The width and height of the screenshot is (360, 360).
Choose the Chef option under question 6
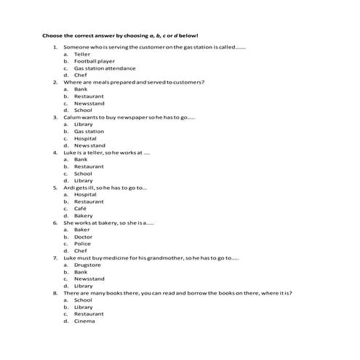[80, 251]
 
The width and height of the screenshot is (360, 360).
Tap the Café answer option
[80, 209]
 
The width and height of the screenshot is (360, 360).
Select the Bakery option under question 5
[83, 216]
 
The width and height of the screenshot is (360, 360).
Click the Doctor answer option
[83, 237]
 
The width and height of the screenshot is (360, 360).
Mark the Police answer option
[82, 244]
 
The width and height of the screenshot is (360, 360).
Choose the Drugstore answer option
[87, 265]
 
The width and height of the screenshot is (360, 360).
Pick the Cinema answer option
[84, 321]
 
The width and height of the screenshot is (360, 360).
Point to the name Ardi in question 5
[69, 188]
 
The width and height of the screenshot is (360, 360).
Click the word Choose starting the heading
[52, 36]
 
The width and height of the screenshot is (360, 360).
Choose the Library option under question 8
[83, 307]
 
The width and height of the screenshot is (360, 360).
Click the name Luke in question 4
[70, 153]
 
